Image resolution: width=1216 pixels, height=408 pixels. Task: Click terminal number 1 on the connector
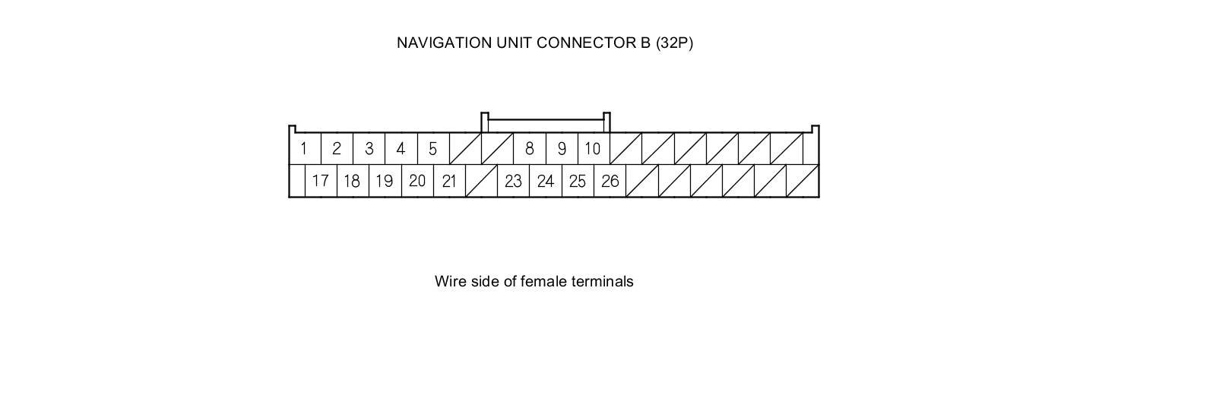point(304,149)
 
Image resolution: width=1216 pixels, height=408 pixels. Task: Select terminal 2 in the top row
point(337,149)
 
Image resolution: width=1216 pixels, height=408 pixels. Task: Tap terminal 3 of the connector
point(369,149)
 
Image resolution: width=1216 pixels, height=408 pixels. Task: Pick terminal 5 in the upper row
point(432,149)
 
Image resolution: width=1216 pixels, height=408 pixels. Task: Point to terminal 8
point(530,149)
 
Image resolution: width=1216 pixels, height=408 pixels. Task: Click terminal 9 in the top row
point(562,149)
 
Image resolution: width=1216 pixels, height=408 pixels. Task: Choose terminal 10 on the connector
point(593,149)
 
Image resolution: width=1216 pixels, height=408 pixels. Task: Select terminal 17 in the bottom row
point(320,182)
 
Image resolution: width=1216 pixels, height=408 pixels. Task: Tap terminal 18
point(352,182)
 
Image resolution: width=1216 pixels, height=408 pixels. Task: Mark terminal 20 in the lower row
point(416,182)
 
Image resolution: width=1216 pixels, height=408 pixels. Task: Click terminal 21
point(449,182)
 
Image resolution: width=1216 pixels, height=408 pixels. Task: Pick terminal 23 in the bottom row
point(513,182)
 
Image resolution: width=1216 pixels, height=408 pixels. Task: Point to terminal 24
point(545,182)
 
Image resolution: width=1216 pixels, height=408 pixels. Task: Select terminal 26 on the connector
point(610,182)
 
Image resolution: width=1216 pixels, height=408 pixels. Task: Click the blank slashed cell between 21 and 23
point(481,182)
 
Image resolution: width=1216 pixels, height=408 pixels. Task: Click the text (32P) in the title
point(674,43)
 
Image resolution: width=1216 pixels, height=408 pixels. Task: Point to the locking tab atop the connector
point(545,120)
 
